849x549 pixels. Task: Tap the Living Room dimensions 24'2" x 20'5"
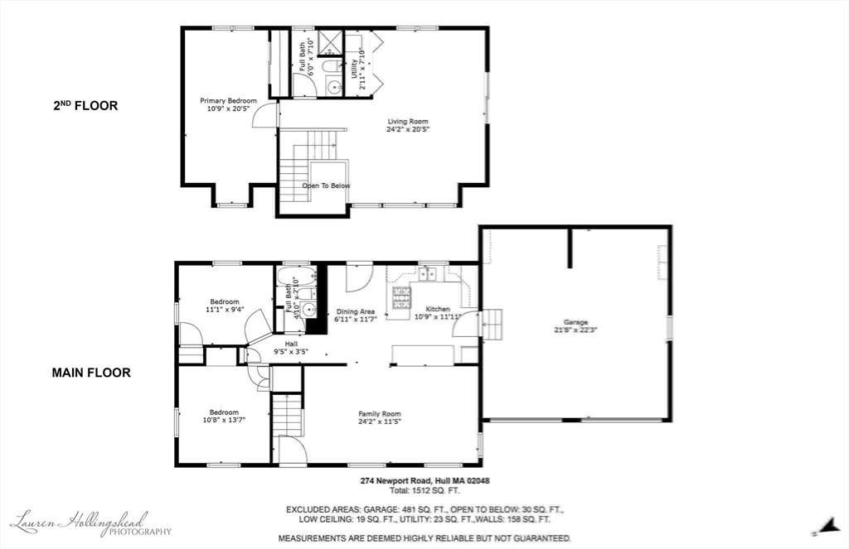(x=408, y=129)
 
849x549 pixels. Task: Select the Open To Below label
(x=326, y=185)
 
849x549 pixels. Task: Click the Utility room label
(x=354, y=67)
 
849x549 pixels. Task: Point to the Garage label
(x=575, y=322)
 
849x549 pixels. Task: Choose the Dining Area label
(x=356, y=311)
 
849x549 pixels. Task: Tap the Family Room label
(x=379, y=414)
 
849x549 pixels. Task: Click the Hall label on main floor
(x=291, y=344)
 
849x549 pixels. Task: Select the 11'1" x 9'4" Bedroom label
(x=224, y=301)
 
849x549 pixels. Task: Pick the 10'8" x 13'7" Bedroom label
(x=224, y=412)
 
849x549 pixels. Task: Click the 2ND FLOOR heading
(x=85, y=105)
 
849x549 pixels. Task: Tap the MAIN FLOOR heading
(x=91, y=373)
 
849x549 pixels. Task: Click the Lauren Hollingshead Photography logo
(x=90, y=523)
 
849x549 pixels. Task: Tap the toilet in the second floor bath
(x=329, y=65)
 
